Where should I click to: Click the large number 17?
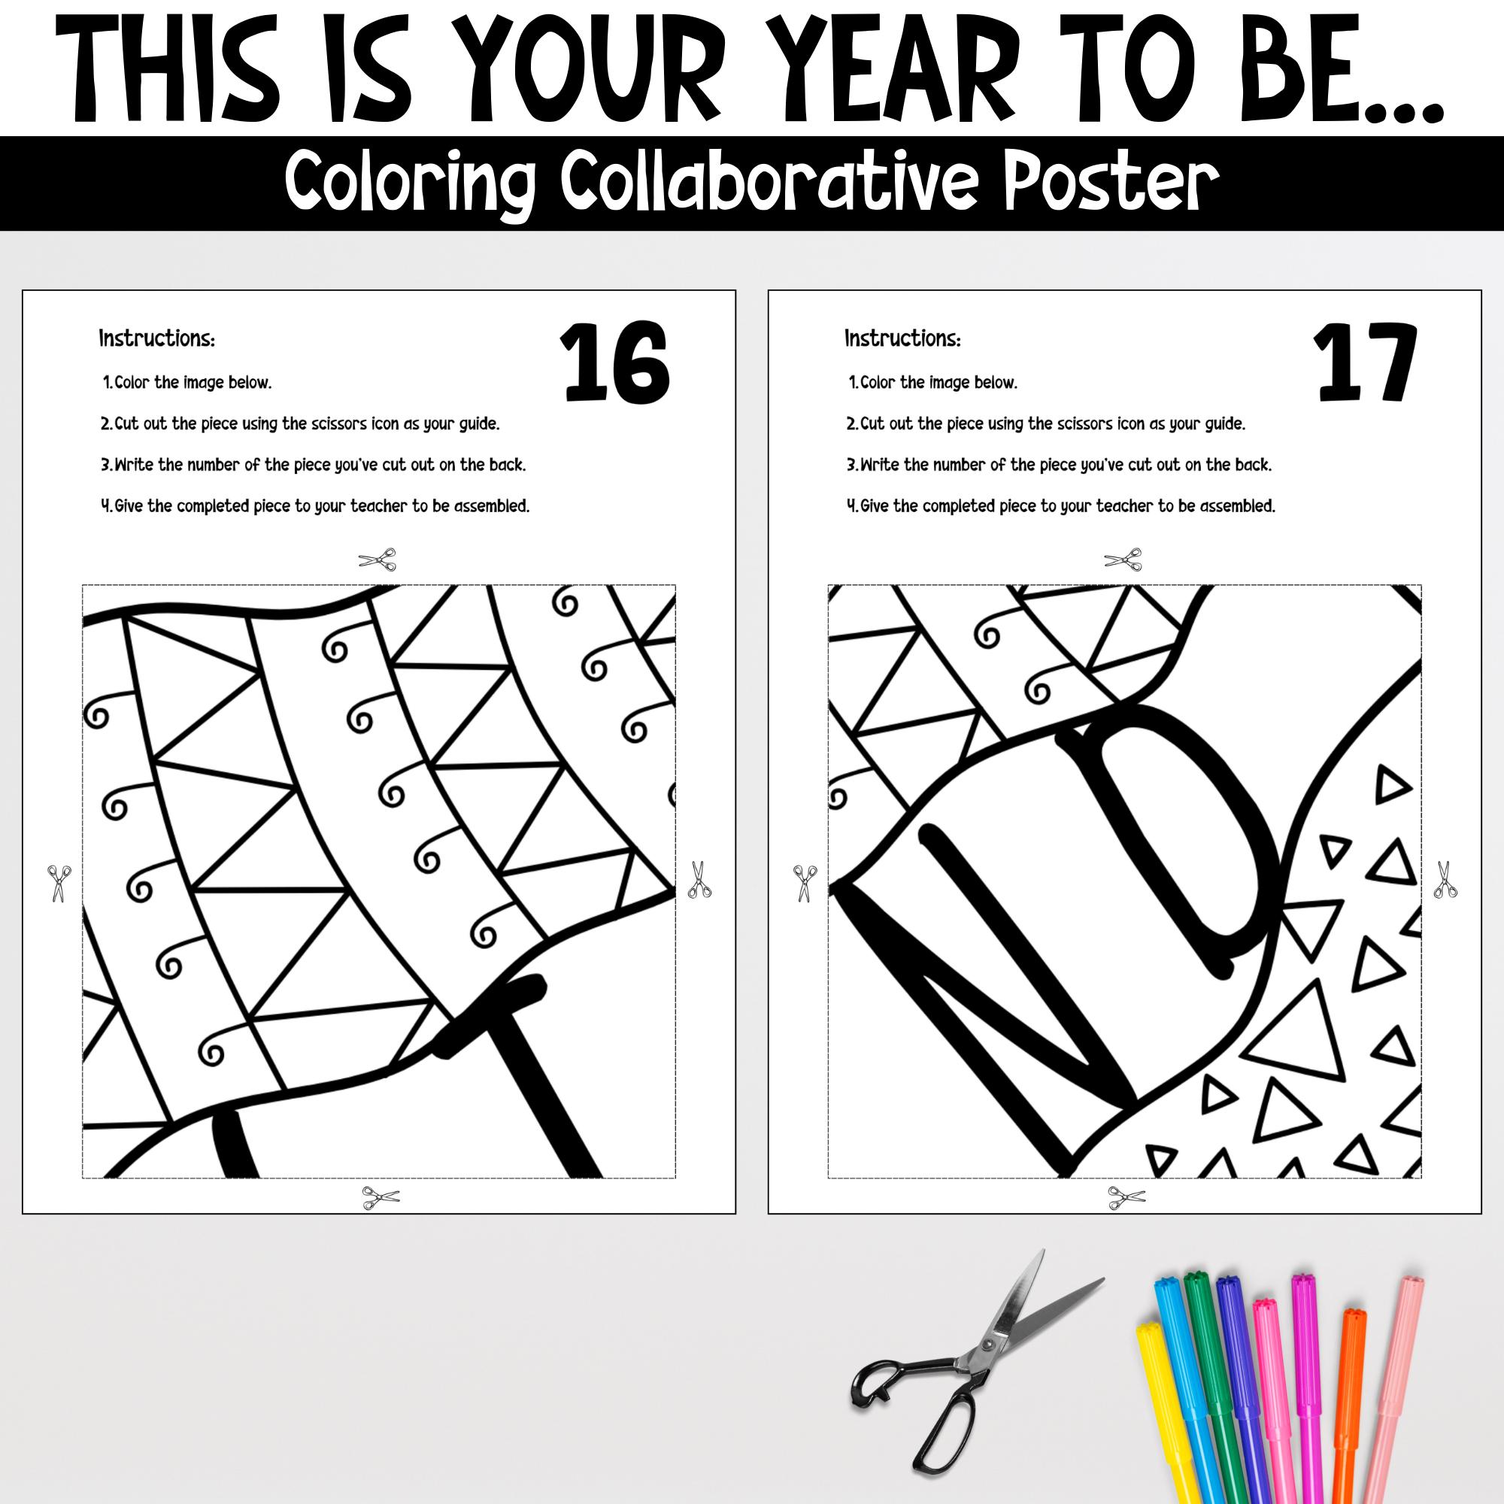pos(1364,362)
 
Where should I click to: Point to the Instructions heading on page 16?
pos(156,338)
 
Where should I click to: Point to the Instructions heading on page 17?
pos(902,338)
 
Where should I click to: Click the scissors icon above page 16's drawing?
pos(378,559)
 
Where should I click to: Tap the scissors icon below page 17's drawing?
pos(1126,1197)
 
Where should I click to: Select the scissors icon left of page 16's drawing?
pos(59,883)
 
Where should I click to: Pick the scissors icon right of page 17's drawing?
pos(1445,881)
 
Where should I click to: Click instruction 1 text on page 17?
pos(933,382)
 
